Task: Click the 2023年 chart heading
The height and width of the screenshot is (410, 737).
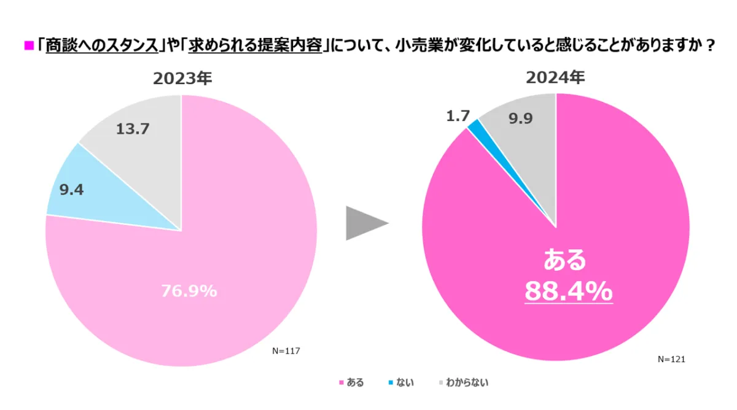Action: coord(182,79)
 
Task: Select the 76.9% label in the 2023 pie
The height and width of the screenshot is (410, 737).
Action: coord(189,292)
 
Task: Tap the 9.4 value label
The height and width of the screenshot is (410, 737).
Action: coord(71,189)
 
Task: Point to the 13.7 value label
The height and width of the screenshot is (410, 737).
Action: coord(133,129)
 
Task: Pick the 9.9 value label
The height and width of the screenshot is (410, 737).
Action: coord(520,119)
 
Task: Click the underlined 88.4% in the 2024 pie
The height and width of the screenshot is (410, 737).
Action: coord(568,291)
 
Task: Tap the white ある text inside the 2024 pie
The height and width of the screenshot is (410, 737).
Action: coord(565,260)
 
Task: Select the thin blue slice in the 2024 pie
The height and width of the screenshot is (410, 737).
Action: coord(475,125)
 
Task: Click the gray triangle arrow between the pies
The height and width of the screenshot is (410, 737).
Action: coord(364,223)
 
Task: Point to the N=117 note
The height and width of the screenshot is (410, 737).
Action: coord(285,350)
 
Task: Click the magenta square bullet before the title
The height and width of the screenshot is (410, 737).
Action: coord(28,45)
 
